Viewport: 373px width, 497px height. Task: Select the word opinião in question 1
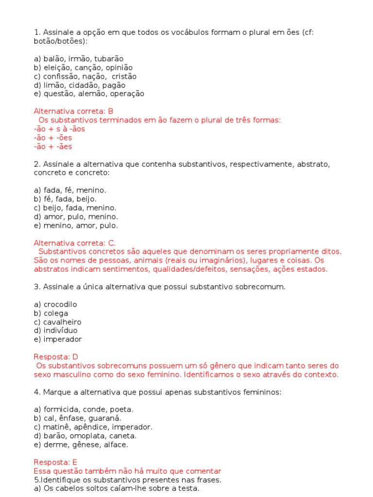tap(117, 67)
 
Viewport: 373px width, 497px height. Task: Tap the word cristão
tap(124, 76)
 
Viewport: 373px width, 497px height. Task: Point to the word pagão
tap(114, 85)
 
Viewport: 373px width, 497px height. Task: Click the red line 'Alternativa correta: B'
tap(73, 111)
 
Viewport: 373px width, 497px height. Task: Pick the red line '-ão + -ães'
tap(53, 146)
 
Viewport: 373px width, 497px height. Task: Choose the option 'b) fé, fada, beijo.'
tap(65, 199)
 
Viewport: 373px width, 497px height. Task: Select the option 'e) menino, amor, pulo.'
tap(76, 225)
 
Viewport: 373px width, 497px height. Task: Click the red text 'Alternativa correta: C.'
tap(75, 243)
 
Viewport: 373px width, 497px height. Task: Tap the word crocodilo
tap(60, 304)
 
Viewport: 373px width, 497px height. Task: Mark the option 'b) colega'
tap(51, 313)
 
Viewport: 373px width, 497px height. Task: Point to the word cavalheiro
tap(62, 322)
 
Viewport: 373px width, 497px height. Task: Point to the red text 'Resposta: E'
tap(55, 462)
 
